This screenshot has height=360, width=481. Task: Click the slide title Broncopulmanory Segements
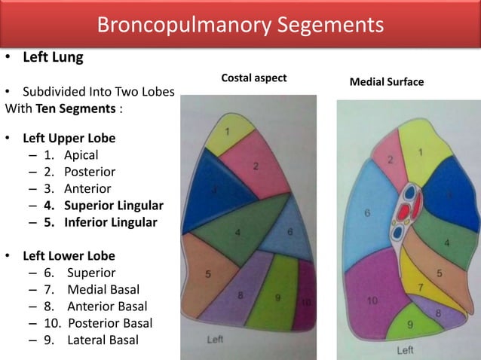tap(240, 25)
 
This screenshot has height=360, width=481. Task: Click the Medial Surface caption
tap(387, 81)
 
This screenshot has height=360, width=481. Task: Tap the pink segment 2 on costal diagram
tap(256, 166)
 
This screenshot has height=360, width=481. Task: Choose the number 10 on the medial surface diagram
tap(372, 301)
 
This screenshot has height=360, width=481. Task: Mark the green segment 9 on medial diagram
tap(412, 325)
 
